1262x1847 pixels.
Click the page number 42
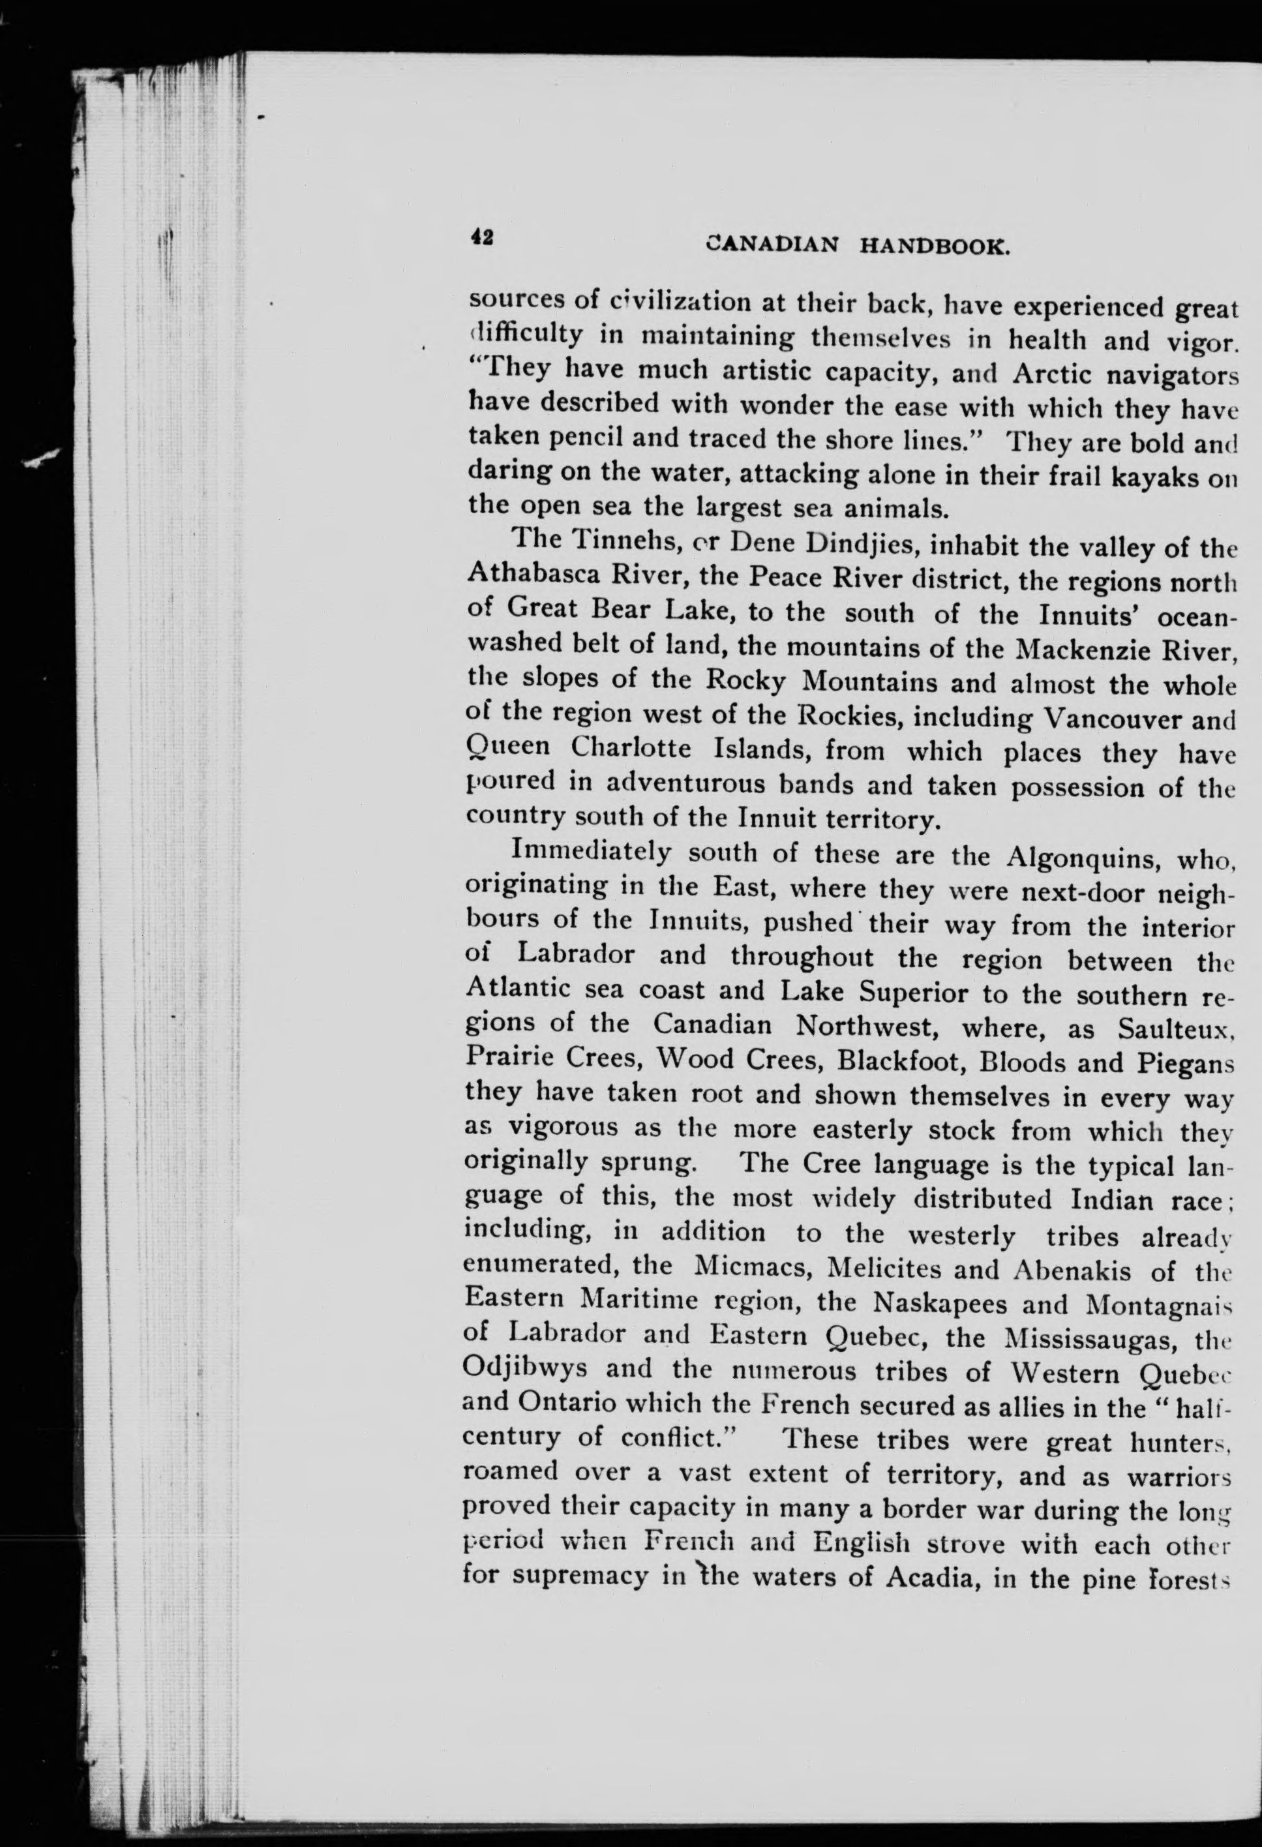(x=481, y=237)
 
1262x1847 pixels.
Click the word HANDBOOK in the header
(x=935, y=247)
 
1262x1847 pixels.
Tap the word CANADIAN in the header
(x=772, y=244)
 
